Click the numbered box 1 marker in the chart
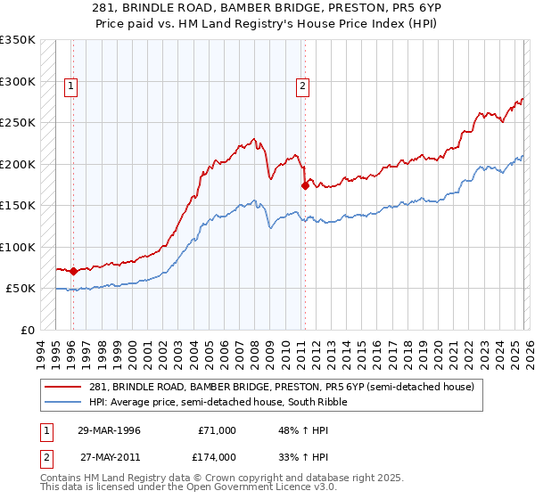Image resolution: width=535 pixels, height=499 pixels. point(70,86)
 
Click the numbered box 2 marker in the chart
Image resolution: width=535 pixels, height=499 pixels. point(303,86)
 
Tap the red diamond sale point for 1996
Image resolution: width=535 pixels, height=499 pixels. point(73,271)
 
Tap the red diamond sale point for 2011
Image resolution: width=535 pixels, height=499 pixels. point(305,185)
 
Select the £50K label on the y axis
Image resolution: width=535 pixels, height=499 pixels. point(21,289)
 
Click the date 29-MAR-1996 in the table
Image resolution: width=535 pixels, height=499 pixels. point(109,430)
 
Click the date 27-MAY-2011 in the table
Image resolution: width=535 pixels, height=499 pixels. point(109,456)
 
